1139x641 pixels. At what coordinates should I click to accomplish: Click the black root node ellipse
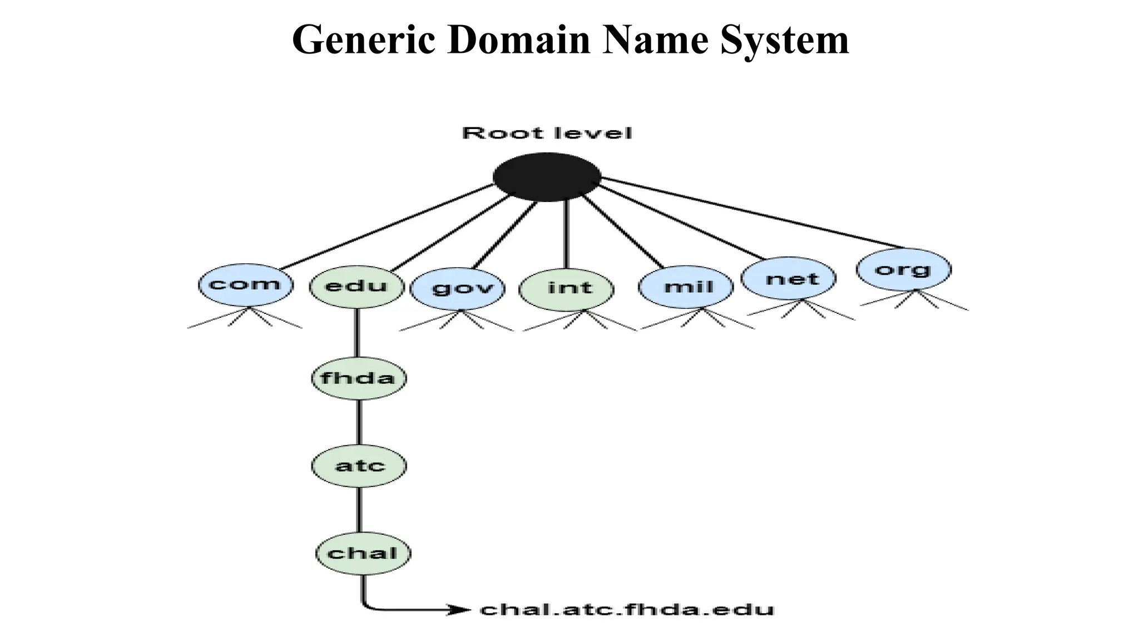pos(547,177)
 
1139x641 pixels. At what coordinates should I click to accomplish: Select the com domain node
pos(245,285)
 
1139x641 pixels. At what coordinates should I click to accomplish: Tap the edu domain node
pos(356,287)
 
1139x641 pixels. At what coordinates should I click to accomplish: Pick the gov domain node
pos(458,288)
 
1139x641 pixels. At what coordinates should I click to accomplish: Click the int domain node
pos(566,288)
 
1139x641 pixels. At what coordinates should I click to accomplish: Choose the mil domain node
pos(686,287)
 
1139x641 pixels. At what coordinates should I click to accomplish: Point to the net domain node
pos(789,279)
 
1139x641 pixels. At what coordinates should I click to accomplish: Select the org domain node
pos(904,270)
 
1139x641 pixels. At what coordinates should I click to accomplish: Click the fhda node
pos(359,378)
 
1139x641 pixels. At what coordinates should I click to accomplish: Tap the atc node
pos(359,465)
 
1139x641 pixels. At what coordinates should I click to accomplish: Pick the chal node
pos(363,553)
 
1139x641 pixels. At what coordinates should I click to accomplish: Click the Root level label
pos(547,134)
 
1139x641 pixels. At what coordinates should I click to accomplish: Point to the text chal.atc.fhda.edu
pos(627,609)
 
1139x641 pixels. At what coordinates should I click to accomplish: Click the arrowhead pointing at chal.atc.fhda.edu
pos(460,610)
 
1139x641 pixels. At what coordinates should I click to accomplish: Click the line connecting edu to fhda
pos(357,333)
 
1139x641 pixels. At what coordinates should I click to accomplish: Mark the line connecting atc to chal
pos(359,509)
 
